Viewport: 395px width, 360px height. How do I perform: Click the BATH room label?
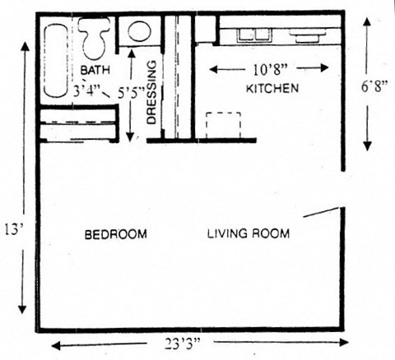tap(94, 70)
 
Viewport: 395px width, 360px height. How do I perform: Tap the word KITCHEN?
tap(272, 87)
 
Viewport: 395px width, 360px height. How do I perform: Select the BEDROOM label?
tap(116, 234)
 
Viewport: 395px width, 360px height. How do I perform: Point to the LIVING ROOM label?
tap(247, 233)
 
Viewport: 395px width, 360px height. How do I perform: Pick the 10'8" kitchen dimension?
tap(271, 69)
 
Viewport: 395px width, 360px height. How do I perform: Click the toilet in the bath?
tap(94, 36)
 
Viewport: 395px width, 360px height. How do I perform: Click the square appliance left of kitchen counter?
tap(205, 28)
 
